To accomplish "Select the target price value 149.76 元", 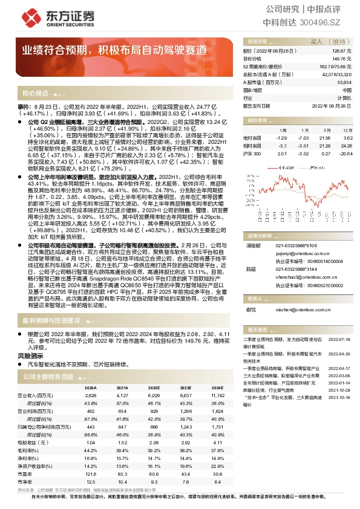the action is [342, 59].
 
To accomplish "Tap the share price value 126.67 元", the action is [342, 53].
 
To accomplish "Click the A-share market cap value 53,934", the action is [344, 82].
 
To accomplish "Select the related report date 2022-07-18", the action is [339, 340].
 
